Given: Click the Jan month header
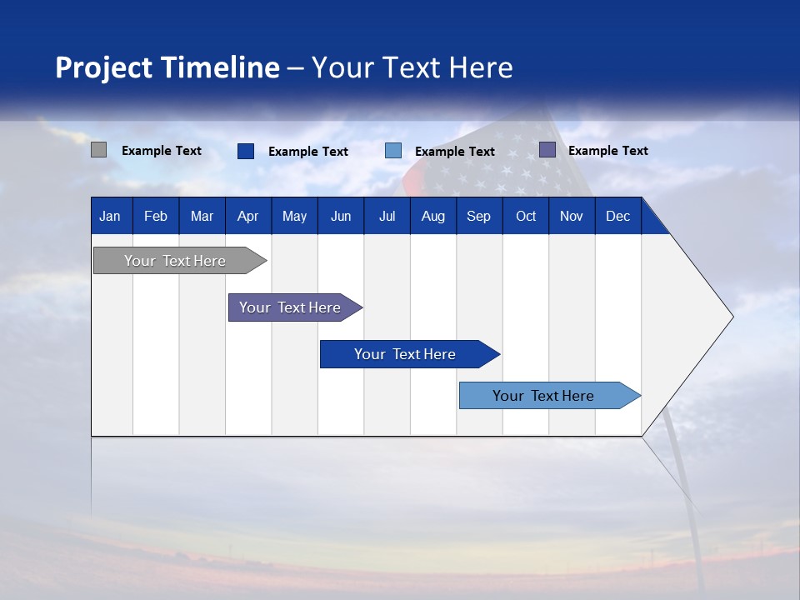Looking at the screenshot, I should point(111,216).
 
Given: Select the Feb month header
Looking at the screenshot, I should point(156,216).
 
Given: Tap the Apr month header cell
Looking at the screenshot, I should point(248,216).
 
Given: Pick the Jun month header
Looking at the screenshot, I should point(341,216).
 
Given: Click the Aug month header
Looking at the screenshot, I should point(433,216).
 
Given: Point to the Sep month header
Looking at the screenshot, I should point(479,216).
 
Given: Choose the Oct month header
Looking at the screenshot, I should point(526,216).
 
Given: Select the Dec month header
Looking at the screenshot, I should point(618,216).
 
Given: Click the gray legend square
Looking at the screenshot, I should point(99,150).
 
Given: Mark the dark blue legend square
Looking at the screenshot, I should point(246,151).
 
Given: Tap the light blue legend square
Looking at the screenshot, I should point(393,151).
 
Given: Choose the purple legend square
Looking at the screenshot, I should point(547,150).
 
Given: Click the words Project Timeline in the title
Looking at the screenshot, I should point(167,67).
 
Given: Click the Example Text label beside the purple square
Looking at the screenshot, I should point(607,151).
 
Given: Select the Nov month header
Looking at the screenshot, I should point(572,216).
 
